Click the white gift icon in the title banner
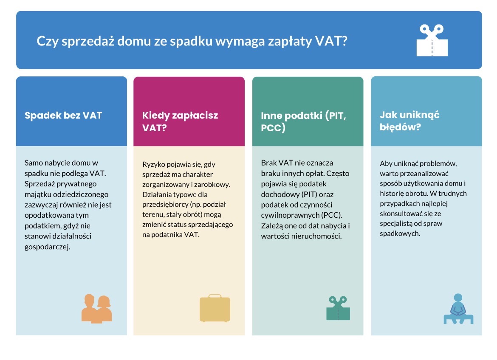point(432,40)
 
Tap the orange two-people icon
point(97,308)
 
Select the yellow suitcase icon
point(215,308)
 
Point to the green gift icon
point(338,308)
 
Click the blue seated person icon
point(458,309)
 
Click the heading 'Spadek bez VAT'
point(63,115)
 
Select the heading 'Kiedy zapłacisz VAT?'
point(180,121)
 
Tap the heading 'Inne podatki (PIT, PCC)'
point(304,121)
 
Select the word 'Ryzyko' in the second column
point(152,164)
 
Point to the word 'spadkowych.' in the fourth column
point(400,233)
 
